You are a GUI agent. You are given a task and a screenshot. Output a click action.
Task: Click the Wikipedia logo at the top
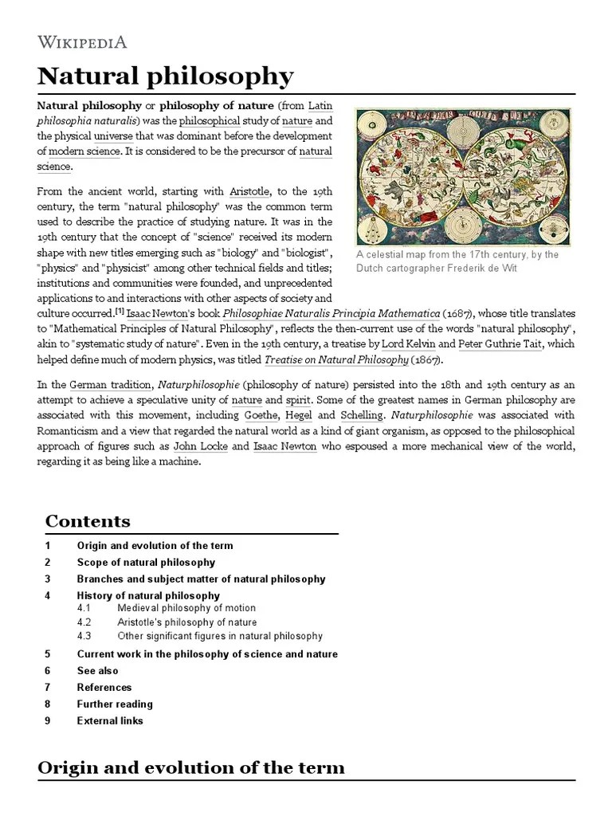point(82,42)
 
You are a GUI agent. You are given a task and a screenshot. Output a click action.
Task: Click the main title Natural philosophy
point(166,76)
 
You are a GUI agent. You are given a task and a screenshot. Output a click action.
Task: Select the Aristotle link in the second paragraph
point(249,192)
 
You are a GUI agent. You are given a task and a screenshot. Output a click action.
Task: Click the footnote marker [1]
point(120,312)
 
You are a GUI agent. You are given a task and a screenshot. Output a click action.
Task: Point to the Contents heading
point(88,521)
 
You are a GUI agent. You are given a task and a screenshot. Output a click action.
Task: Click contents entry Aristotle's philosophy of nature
point(186,622)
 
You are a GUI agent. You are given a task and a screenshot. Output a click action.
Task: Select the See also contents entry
point(97,671)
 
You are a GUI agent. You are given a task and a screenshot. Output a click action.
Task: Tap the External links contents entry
point(110,720)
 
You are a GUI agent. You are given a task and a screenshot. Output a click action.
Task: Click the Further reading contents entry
point(114,704)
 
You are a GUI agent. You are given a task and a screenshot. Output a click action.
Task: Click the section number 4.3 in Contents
point(84,636)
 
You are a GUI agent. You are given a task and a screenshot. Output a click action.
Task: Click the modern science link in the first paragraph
point(85,151)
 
